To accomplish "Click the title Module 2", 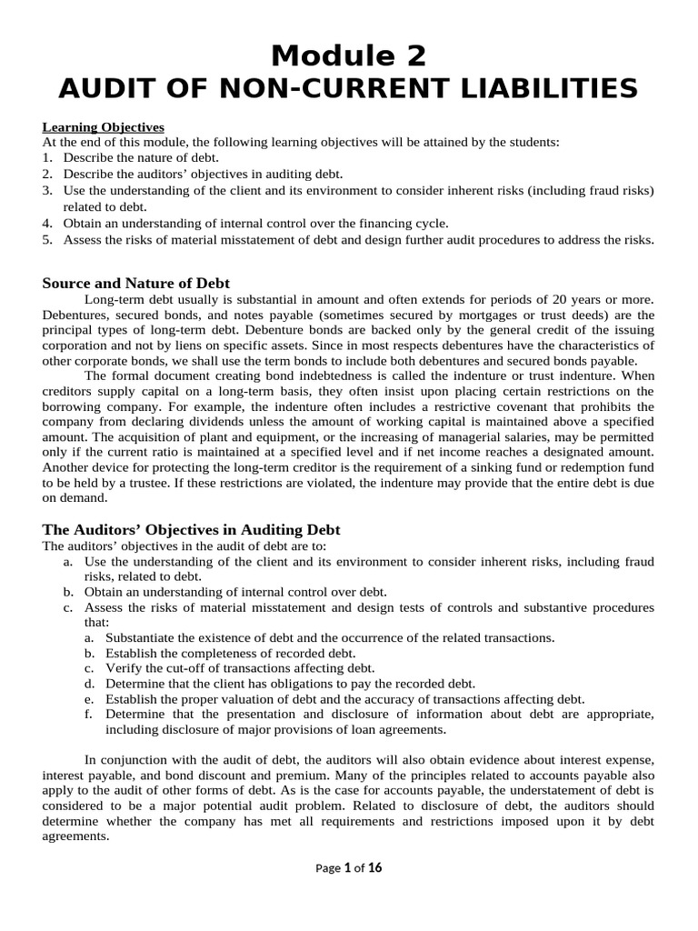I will (349, 55).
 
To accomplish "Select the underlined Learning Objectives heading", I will (103, 127).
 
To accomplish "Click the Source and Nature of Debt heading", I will (136, 284).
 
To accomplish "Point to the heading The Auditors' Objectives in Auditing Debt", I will (191, 529).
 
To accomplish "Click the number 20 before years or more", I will (568, 300).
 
